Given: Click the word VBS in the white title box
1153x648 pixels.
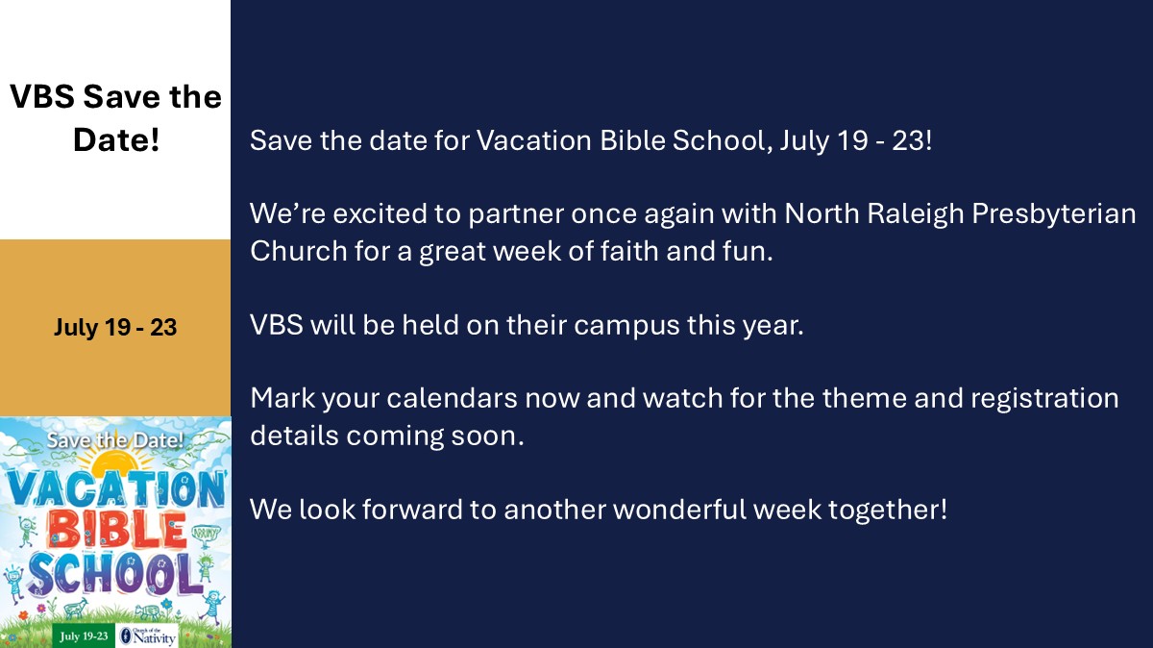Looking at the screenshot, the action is pyautogui.click(x=42, y=96).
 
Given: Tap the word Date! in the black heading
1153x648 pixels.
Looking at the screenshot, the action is pyautogui.click(x=116, y=139).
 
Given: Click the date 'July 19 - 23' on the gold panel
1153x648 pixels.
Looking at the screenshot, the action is pyautogui.click(x=115, y=327).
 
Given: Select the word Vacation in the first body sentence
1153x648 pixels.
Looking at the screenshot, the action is pyautogui.click(x=534, y=140).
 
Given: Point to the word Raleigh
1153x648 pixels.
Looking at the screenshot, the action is pyautogui.click(x=915, y=213).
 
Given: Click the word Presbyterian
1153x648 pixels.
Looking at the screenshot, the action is pyautogui.click(x=1054, y=213).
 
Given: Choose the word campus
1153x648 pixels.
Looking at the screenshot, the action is pyautogui.click(x=626, y=325).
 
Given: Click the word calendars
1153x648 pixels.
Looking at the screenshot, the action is pyautogui.click(x=452, y=399).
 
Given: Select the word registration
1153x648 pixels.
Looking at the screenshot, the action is pyautogui.click(x=1045, y=399).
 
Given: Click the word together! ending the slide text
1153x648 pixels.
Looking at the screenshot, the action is pyautogui.click(x=888, y=510).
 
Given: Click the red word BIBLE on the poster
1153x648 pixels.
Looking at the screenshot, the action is pyautogui.click(x=116, y=531).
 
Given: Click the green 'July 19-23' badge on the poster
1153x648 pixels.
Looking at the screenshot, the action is pyautogui.click(x=84, y=636).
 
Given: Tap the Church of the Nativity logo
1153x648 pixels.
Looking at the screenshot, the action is pyautogui.click(x=148, y=636).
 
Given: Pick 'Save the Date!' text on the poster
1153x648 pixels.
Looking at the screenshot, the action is pyautogui.click(x=115, y=440).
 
